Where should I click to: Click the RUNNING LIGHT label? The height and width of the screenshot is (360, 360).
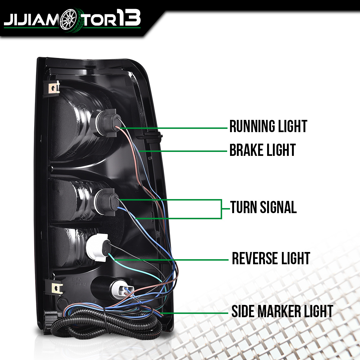[x=268, y=126]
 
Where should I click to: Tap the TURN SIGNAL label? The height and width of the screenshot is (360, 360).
[x=264, y=207]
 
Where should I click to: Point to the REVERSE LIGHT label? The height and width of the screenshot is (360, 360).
[x=271, y=258]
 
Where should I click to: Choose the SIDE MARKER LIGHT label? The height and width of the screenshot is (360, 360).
[x=282, y=311]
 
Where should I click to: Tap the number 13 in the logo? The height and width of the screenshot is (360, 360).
[x=129, y=18]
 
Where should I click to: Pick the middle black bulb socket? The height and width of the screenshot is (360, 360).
[x=107, y=202]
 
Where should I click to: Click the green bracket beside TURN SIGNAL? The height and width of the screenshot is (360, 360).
[x=221, y=209]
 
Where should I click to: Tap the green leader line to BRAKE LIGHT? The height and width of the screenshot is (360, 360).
[x=183, y=151]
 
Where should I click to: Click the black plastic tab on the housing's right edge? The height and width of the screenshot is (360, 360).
[x=150, y=136]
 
